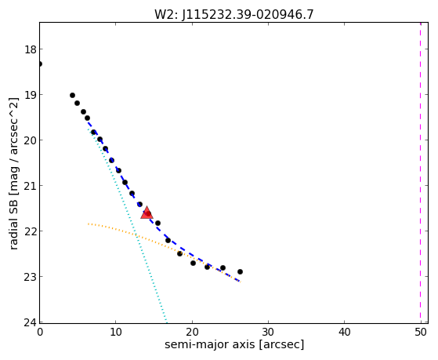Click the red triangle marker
pos(147,213)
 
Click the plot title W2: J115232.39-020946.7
pos(234,14)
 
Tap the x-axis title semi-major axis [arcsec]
pos(234,344)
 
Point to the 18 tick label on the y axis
pos(31,49)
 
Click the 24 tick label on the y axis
pos(31,322)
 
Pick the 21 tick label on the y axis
pos(31,186)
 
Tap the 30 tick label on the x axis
pos(268,332)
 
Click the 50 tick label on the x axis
pos(421,332)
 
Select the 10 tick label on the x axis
pos(116,332)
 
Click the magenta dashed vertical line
pos(421,173)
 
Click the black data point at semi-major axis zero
pos(40,64)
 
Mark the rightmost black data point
pos(240,271)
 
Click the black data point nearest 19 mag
pos(72,96)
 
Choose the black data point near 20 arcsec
pos(193,263)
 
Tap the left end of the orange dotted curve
pos(89,224)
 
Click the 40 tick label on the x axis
pos(344,332)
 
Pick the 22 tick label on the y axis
pos(31,231)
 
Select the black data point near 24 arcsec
pos(223,268)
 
